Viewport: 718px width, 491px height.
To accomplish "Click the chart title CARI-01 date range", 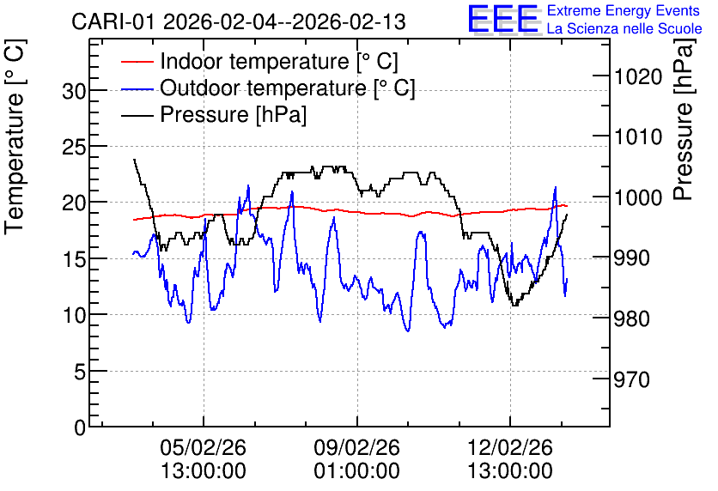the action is pyautogui.click(x=239, y=21).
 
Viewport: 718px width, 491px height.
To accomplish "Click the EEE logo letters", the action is pyautogui.click(x=503, y=19).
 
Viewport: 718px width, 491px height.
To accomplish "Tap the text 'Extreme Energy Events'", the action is pyautogui.click(x=624, y=10).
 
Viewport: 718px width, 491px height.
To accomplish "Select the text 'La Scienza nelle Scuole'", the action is pyautogui.click(x=624, y=29).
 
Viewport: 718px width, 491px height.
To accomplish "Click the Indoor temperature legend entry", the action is pyautogui.click(x=259, y=61).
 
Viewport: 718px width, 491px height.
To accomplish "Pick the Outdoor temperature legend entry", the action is pyautogui.click(x=268, y=88).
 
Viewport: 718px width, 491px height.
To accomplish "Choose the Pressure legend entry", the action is pyautogui.click(x=214, y=114).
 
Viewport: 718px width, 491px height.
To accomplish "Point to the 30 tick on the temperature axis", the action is pyautogui.click(x=74, y=92).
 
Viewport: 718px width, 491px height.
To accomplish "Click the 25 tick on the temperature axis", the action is pyautogui.click(x=74, y=148).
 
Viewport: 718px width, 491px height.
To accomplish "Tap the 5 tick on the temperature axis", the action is pyautogui.click(x=80, y=373).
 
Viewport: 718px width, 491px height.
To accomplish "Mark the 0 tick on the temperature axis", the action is pyautogui.click(x=80, y=428).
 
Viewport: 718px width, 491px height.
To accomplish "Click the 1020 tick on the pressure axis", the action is pyautogui.click(x=638, y=77).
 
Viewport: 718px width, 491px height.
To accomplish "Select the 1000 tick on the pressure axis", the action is pyautogui.click(x=638, y=197).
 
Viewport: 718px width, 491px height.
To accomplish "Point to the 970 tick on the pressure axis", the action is pyautogui.click(x=632, y=379).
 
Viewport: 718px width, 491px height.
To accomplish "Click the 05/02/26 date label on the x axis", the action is pyautogui.click(x=204, y=447).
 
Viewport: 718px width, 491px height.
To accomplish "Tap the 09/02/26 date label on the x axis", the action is pyautogui.click(x=356, y=447).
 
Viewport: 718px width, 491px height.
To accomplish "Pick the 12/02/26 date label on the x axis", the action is pyautogui.click(x=510, y=447).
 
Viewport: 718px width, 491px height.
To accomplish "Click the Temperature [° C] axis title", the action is pyautogui.click(x=15, y=136).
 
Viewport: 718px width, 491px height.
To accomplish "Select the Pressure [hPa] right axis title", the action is pyautogui.click(x=685, y=119).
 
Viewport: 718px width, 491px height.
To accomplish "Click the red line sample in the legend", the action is pyautogui.click(x=137, y=61).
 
